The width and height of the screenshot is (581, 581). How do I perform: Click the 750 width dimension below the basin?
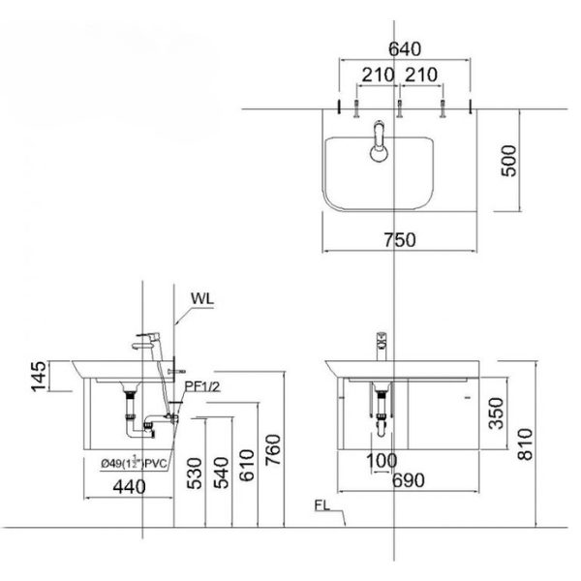(400, 241)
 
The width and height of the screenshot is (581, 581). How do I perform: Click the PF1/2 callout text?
(204, 387)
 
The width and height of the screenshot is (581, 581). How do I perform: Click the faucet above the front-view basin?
(382, 344)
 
